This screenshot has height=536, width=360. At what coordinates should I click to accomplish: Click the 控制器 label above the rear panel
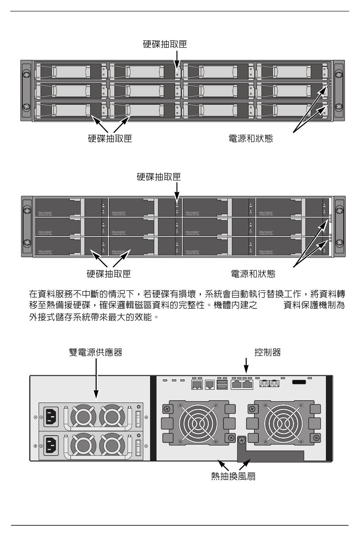(268, 353)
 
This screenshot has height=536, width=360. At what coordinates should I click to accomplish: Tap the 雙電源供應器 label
(95, 353)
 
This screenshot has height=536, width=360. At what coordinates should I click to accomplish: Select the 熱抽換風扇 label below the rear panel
(233, 476)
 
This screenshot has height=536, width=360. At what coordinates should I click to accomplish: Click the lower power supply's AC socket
(52, 445)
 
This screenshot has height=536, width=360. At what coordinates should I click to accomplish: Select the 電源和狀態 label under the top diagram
(251, 138)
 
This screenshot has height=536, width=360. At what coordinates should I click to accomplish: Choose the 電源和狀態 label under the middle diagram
(253, 274)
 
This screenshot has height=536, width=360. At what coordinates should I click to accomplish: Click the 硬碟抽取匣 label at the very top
(165, 44)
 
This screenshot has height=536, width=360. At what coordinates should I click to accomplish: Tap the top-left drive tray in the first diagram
(70, 71)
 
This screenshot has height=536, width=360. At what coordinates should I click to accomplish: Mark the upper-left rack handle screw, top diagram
(26, 75)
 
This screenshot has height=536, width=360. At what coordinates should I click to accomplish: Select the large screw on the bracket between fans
(242, 440)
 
